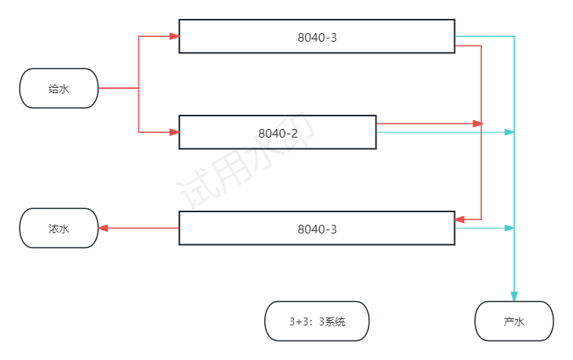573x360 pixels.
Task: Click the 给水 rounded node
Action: pyautogui.click(x=59, y=88)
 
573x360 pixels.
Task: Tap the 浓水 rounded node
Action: pyautogui.click(x=59, y=228)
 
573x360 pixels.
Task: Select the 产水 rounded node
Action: pyautogui.click(x=514, y=321)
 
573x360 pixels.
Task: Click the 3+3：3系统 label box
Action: pyautogui.click(x=317, y=321)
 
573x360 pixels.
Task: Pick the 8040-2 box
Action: pyautogui.click(x=277, y=132)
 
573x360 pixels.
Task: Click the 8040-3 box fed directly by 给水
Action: pyautogui.click(x=317, y=36)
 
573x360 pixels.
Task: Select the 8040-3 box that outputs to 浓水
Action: pyautogui.click(x=317, y=228)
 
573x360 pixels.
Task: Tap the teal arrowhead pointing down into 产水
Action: pyautogui.click(x=514, y=296)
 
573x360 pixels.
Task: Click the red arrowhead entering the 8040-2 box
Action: pyautogui.click(x=174, y=132)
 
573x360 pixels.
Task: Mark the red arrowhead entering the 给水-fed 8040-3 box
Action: pyautogui.click(x=174, y=36)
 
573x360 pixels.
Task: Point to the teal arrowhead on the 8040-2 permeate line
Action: pyautogui.click(x=509, y=132)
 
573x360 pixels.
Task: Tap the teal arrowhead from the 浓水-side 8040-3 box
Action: pyautogui.click(x=509, y=228)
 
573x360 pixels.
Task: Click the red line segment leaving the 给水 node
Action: pyautogui.click(x=118, y=88)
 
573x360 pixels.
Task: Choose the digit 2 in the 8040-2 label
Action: pyautogui.click(x=294, y=133)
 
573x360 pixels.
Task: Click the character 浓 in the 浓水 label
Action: pyautogui.click(x=53, y=229)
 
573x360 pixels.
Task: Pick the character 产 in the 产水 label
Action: pyautogui.click(x=509, y=322)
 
